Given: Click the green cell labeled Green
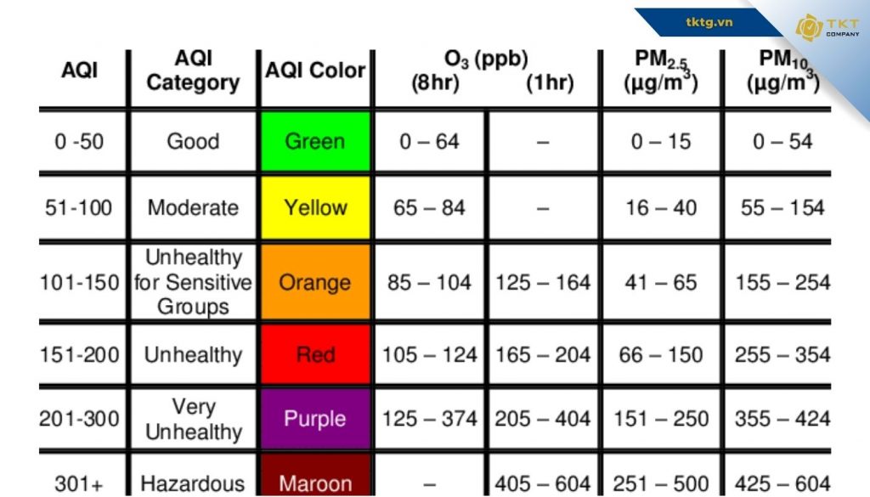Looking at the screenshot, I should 314,141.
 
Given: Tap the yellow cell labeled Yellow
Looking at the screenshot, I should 314,207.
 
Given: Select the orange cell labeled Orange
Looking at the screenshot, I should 314,282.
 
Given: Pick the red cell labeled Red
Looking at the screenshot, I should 314,353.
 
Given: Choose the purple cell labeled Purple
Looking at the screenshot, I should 314,418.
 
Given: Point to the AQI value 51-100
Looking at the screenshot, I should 78,207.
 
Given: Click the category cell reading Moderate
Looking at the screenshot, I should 193,207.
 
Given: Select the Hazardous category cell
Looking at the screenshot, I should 192,483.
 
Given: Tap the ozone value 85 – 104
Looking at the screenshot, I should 429,282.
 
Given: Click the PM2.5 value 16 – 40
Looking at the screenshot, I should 661,207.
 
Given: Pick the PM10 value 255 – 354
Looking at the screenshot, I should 782,354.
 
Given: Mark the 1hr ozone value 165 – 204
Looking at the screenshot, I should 543,354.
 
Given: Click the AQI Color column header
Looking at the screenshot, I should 314,71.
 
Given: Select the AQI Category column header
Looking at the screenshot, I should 193,71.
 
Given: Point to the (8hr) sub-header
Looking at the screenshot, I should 435,83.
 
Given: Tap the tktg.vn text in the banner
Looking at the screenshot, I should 709,21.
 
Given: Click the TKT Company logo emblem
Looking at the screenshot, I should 808,27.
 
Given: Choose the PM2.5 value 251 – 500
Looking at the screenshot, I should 661,483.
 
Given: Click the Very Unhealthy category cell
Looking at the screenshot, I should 193,419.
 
